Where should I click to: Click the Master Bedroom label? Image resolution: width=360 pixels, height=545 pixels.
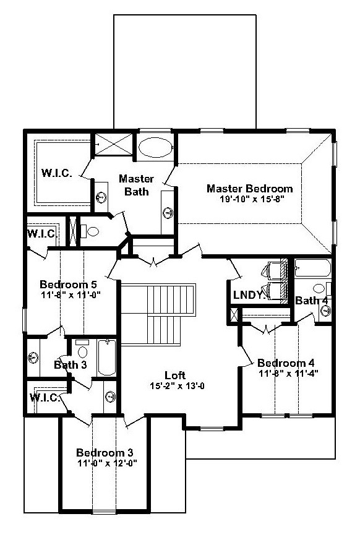[249, 189]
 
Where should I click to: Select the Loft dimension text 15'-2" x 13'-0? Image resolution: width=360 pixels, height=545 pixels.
[177, 386]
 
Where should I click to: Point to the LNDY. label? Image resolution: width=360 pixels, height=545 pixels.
[250, 296]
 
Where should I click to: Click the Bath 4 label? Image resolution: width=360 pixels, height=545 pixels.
[311, 300]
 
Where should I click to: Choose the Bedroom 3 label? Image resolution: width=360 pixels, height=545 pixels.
[105, 453]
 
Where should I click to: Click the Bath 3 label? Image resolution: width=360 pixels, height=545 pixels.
[70, 365]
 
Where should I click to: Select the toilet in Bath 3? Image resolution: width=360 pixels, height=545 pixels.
[82, 349]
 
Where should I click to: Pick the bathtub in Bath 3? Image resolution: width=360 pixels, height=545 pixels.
[106, 358]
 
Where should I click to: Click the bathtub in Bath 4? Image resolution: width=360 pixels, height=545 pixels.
[313, 268]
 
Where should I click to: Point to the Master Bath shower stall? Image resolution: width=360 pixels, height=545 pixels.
[114, 144]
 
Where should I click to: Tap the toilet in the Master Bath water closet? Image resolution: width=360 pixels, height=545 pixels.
[90, 231]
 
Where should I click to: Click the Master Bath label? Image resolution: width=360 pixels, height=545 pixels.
[136, 185]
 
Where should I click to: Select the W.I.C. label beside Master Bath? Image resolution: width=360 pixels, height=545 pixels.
[57, 173]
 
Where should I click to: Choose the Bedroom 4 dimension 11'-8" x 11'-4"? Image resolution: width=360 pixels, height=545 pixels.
[289, 374]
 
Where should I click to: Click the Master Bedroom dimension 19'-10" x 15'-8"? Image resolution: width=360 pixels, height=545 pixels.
[252, 199]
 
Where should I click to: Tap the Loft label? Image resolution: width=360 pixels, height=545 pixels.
[175, 375]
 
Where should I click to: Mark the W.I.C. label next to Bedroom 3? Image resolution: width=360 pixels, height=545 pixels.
[45, 398]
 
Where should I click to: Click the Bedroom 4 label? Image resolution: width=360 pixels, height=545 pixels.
[286, 363]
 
